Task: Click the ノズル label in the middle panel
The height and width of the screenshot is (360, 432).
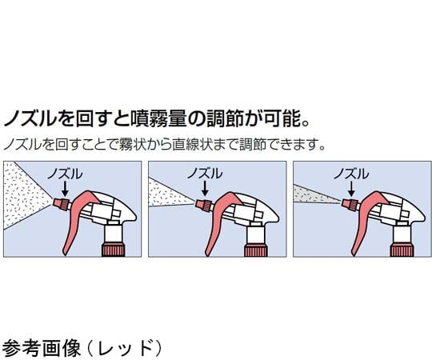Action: pos(206,173)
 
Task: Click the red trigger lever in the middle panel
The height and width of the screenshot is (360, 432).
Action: pos(219,228)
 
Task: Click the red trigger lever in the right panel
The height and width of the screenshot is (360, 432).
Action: pos(363,228)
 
